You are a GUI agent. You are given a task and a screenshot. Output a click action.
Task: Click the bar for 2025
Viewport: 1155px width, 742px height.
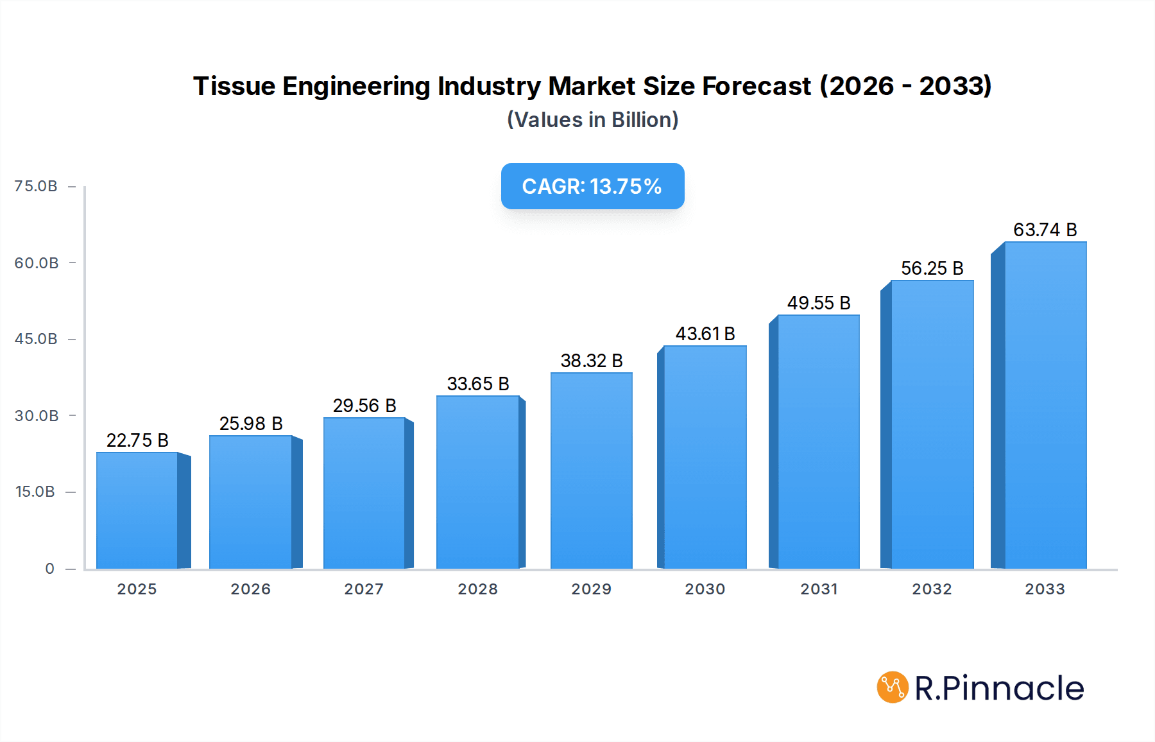137,511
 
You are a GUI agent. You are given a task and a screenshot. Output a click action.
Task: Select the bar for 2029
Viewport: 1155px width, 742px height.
591,471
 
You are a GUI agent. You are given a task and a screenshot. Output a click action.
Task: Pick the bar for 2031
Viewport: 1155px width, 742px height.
818,442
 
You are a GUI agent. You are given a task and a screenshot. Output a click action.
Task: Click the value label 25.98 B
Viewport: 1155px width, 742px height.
251,424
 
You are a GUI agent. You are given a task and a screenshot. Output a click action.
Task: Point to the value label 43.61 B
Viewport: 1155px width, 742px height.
705,334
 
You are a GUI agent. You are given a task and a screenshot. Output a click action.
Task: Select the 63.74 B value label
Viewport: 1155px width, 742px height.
1045,230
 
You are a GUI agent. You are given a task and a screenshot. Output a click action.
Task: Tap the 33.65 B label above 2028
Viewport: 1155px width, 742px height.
478,384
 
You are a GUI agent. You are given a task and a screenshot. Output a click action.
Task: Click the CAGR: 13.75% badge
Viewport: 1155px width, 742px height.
592,186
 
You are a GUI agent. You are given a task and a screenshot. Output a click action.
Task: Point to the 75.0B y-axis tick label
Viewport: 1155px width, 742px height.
36,186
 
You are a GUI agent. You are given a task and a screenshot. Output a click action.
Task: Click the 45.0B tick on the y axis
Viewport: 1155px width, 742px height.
36,339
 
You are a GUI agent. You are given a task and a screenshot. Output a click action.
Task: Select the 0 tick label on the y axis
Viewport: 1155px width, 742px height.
49,569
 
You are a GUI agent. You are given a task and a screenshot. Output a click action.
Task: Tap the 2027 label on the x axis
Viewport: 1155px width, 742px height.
364,589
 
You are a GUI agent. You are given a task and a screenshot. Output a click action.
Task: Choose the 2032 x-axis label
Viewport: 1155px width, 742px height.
932,589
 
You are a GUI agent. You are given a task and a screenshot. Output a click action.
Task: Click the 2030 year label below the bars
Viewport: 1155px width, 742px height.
705,589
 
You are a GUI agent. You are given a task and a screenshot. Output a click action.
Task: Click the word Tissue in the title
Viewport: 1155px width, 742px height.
234,86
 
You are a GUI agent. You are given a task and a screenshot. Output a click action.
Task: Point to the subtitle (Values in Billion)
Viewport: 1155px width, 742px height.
592,120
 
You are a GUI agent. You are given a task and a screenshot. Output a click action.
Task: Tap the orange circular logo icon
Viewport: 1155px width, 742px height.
893,687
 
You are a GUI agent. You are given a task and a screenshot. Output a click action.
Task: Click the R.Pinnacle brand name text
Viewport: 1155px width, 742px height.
999,688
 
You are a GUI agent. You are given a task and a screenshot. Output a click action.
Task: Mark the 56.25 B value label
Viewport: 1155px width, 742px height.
932,268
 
